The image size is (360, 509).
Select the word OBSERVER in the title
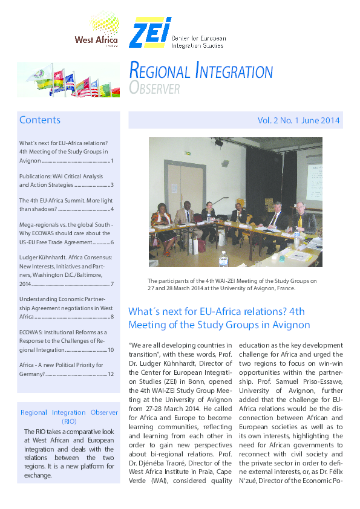point(155,89)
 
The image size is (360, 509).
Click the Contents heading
point(40,120)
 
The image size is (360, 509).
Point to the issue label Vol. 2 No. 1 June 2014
point(299,120)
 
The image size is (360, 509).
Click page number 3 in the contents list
point(112,184)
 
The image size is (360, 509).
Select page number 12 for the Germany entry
point(110,374)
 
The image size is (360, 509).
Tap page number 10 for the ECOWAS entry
point(110,350)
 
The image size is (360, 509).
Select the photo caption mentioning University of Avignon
point(234,284)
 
